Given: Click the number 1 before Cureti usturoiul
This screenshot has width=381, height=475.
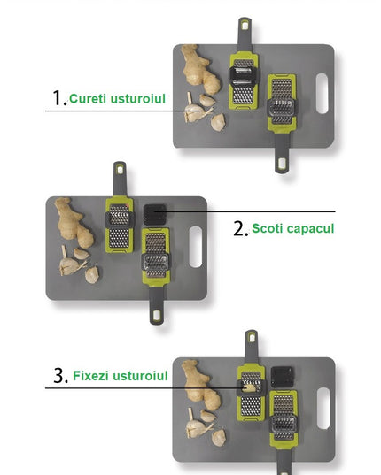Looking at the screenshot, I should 58,97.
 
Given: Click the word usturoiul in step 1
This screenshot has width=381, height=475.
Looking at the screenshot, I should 139,97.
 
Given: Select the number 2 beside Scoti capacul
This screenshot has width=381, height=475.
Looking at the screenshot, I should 240,228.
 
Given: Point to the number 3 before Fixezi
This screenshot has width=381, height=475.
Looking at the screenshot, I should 60,376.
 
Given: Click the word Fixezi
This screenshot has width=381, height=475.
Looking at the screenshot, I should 94,376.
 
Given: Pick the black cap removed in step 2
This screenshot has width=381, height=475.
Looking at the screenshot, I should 156,213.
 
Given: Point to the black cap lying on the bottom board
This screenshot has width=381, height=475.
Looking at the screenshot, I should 283,375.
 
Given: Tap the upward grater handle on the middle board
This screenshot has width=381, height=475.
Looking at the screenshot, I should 118,178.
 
